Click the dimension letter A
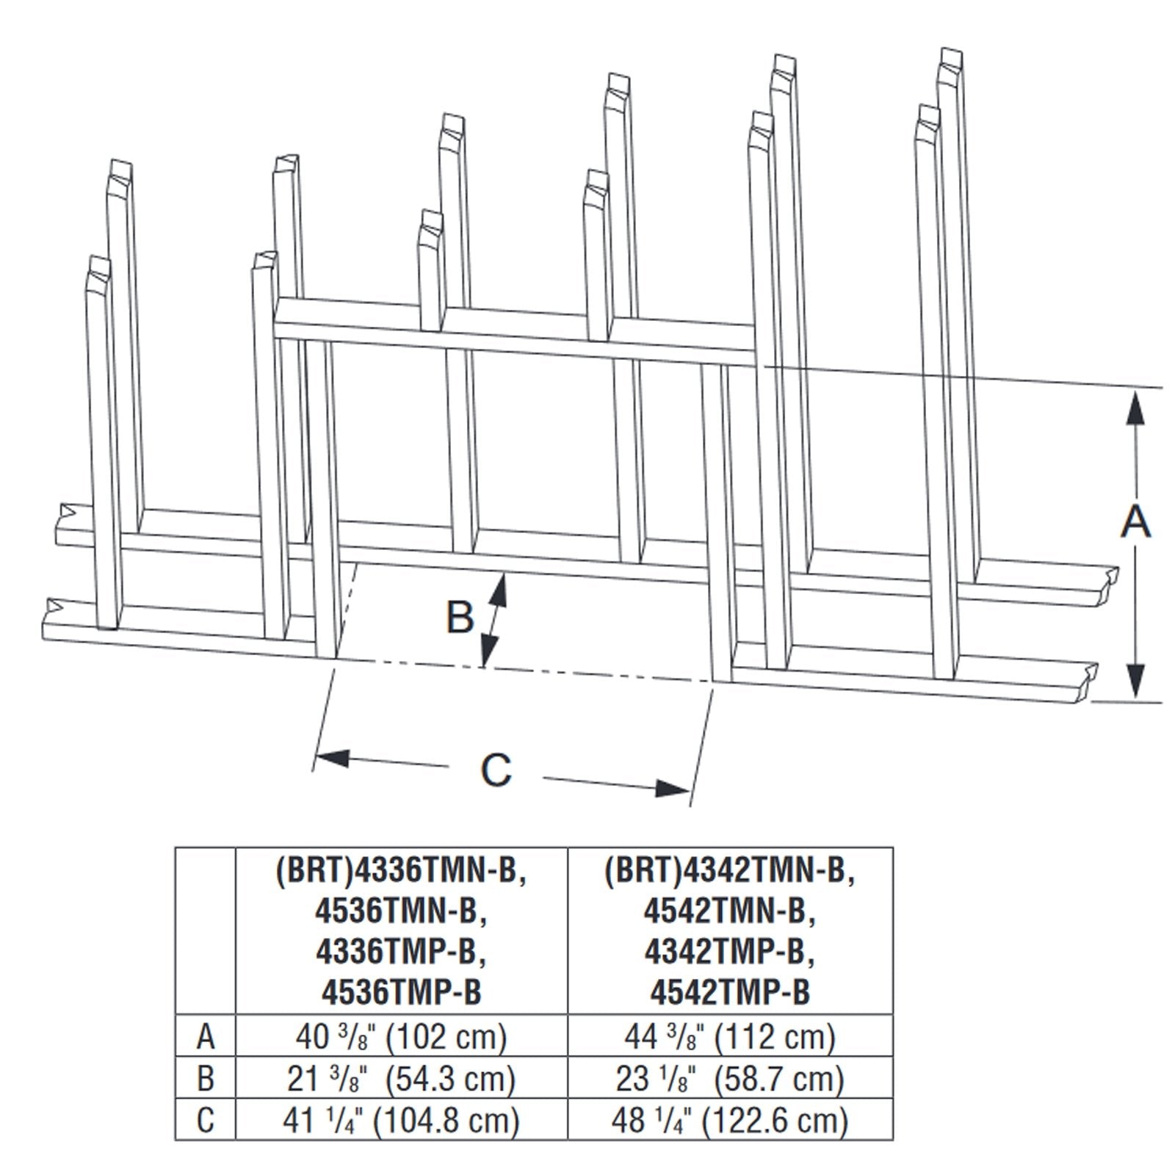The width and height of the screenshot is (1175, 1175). point(1135,522)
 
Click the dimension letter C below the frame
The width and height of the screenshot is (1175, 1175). point(496,770)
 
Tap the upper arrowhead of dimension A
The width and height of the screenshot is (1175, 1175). point(1135,407)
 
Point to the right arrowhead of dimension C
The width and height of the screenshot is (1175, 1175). point(671,788)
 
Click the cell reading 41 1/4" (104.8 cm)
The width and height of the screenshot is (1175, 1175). point(401,1120)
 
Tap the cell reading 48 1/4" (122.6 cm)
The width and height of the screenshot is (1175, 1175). point(730,1120)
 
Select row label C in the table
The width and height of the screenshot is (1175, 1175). point(206,1120)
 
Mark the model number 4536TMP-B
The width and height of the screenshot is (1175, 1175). point(401,992)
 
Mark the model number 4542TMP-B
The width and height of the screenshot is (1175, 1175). point(730,992)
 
